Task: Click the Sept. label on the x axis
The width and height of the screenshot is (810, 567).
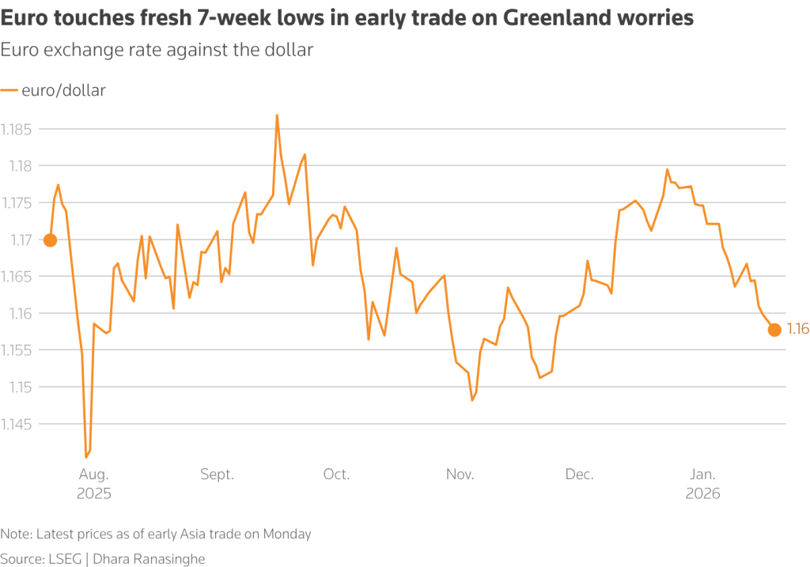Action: [217, 474]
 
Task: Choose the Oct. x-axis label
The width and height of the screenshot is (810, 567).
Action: [336, 474]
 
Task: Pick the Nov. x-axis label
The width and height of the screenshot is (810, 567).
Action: [460, 474]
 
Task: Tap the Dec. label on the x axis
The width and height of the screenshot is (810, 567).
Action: [580, 474]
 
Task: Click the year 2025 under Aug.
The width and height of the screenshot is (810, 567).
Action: [94, 493]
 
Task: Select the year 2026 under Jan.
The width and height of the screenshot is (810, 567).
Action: [702, 493]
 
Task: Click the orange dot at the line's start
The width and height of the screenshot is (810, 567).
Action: [50, 240]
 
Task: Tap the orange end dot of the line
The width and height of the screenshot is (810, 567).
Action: [774, 330]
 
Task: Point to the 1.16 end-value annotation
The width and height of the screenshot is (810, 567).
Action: [797, 330]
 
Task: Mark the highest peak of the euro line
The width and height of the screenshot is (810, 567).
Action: [277, 115]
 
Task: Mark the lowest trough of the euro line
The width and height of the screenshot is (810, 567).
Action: [86, 457]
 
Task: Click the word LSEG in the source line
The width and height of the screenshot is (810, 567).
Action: [65, 559]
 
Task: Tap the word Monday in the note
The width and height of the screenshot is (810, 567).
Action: [286, 534]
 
